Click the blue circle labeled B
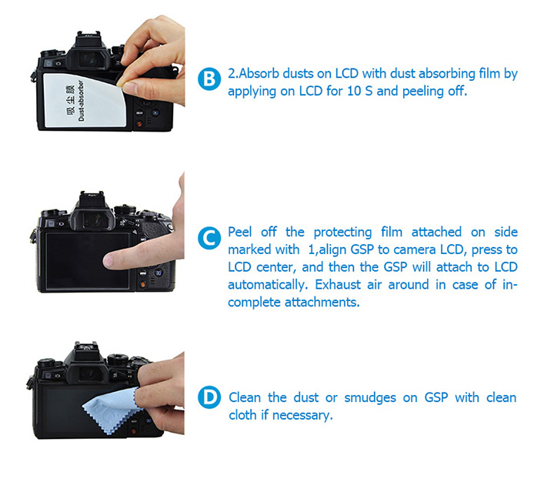209,79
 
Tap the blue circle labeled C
209,238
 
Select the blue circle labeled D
209,397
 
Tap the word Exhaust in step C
338,284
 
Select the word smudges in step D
370,398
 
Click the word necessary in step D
302,415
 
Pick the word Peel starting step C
239,232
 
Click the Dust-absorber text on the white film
82,100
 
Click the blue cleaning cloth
110,410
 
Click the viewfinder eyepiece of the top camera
88,59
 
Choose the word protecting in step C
342,233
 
